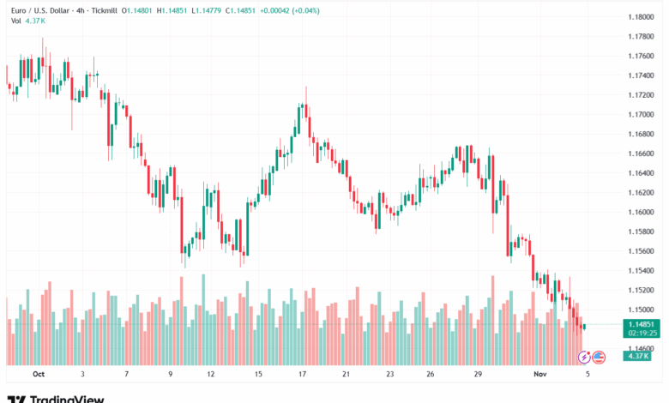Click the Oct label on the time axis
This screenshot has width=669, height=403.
tap(37, 375)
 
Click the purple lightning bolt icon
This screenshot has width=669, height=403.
tap(585, 356)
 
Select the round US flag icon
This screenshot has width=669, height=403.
tap(599, 356)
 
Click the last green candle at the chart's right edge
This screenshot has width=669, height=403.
tap(584, 326)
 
